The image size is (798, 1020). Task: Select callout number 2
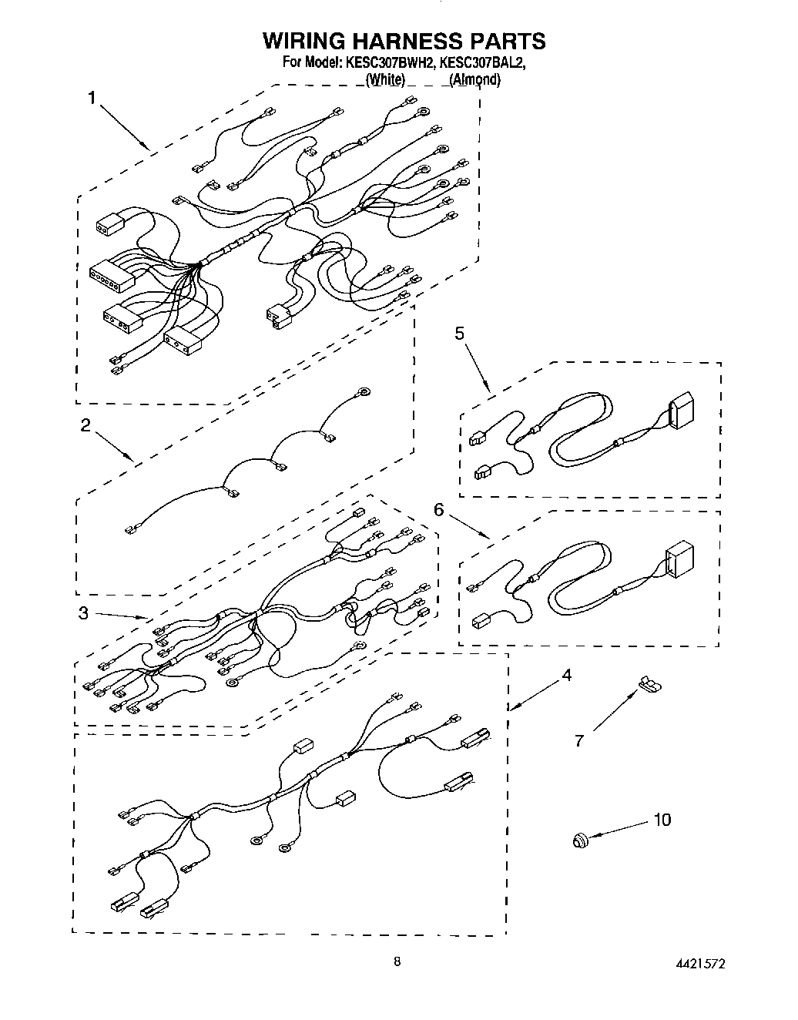coord(85,425)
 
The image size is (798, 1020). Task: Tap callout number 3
coord(82,613)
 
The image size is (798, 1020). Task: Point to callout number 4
coord(566,676)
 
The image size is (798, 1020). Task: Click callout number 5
coord(459,333)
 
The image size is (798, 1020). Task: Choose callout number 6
coord(438,510)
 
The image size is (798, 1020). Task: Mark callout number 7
coord(579,741)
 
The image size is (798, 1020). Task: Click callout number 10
coord(662,820)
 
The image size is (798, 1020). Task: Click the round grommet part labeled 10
coord(580,840)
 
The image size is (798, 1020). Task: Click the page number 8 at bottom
coord(397,961)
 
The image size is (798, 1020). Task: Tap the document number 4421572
coord(699,964)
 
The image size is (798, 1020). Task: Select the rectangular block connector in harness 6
coord(679,561)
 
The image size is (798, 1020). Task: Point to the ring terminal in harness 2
coord(365,391)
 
